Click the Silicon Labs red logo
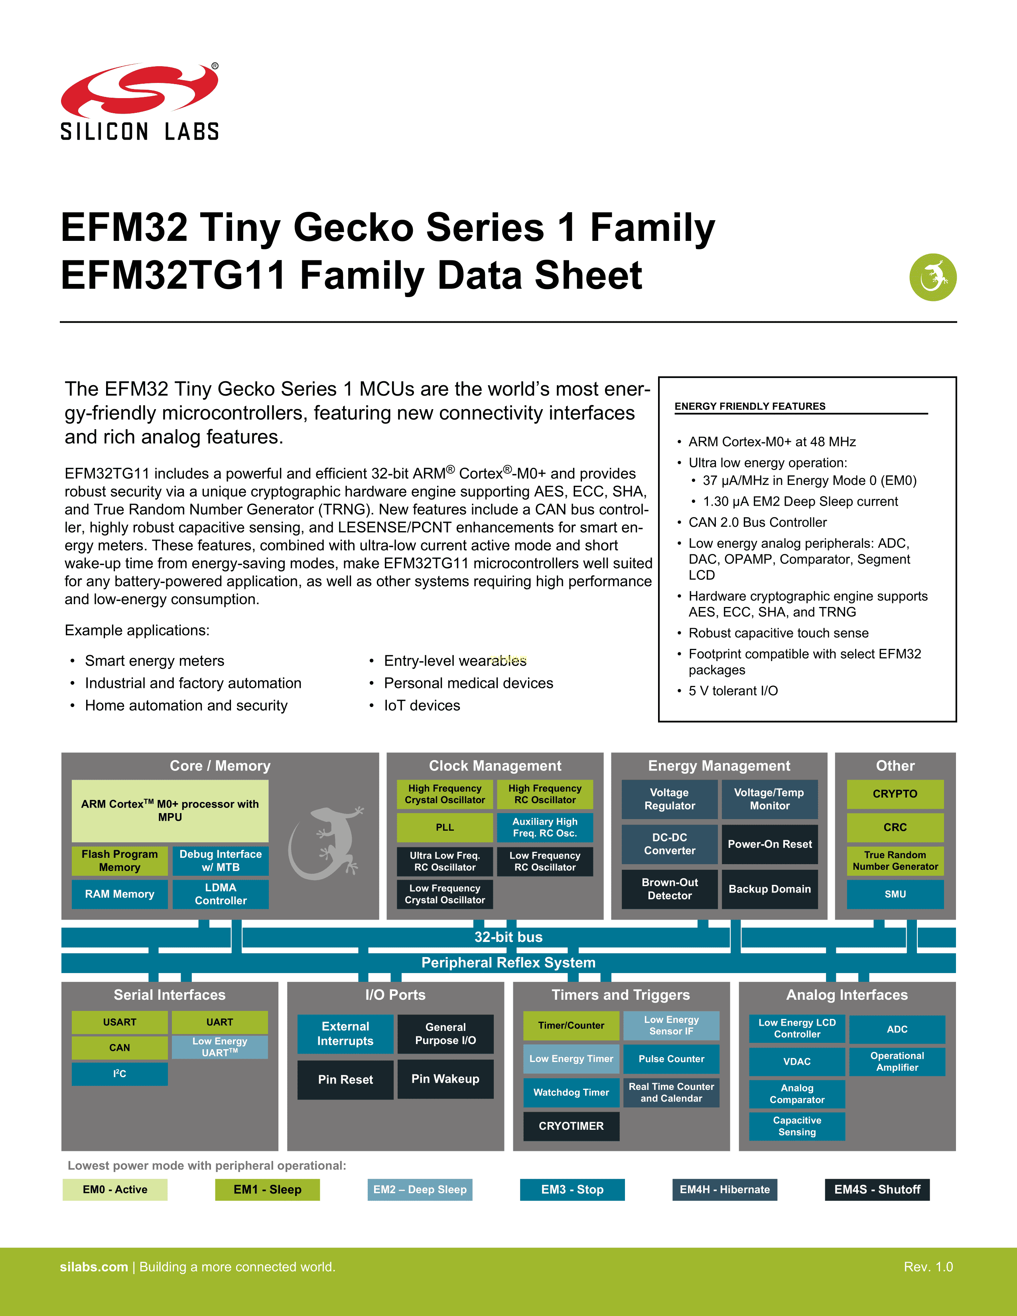click(x=139, y=91)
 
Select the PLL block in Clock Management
click(x=445, y=827)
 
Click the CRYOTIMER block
click(x=571, y=1126)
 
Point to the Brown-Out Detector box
click(x=669, y=889)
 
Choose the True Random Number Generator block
click(x=895, y=861)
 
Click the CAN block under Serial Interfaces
click(x=119, y=1047)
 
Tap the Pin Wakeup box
click(x=445, y=1079)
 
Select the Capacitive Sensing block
click(x=796, y=1126)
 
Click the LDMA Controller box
click(x=221, y=894)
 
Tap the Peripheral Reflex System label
click(x=508, y=962)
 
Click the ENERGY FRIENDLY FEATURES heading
click(x=749, y=406)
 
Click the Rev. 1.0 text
click(x=928, y=1267)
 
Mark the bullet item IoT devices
click(x=422, y=705)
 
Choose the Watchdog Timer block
click(x=571, y=1092)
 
